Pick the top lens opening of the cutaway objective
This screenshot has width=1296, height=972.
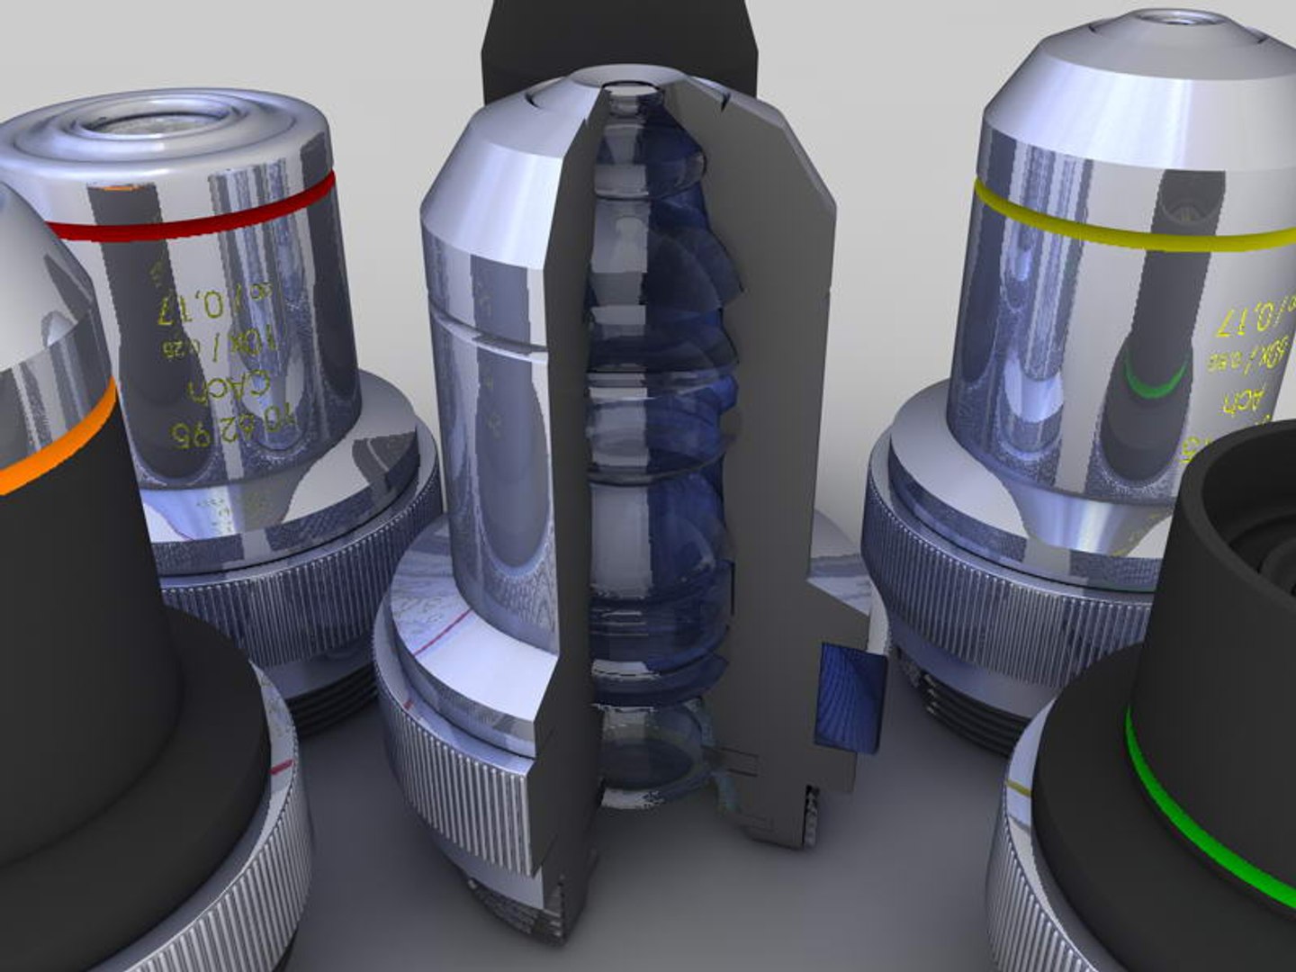[x=630, y=90]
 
